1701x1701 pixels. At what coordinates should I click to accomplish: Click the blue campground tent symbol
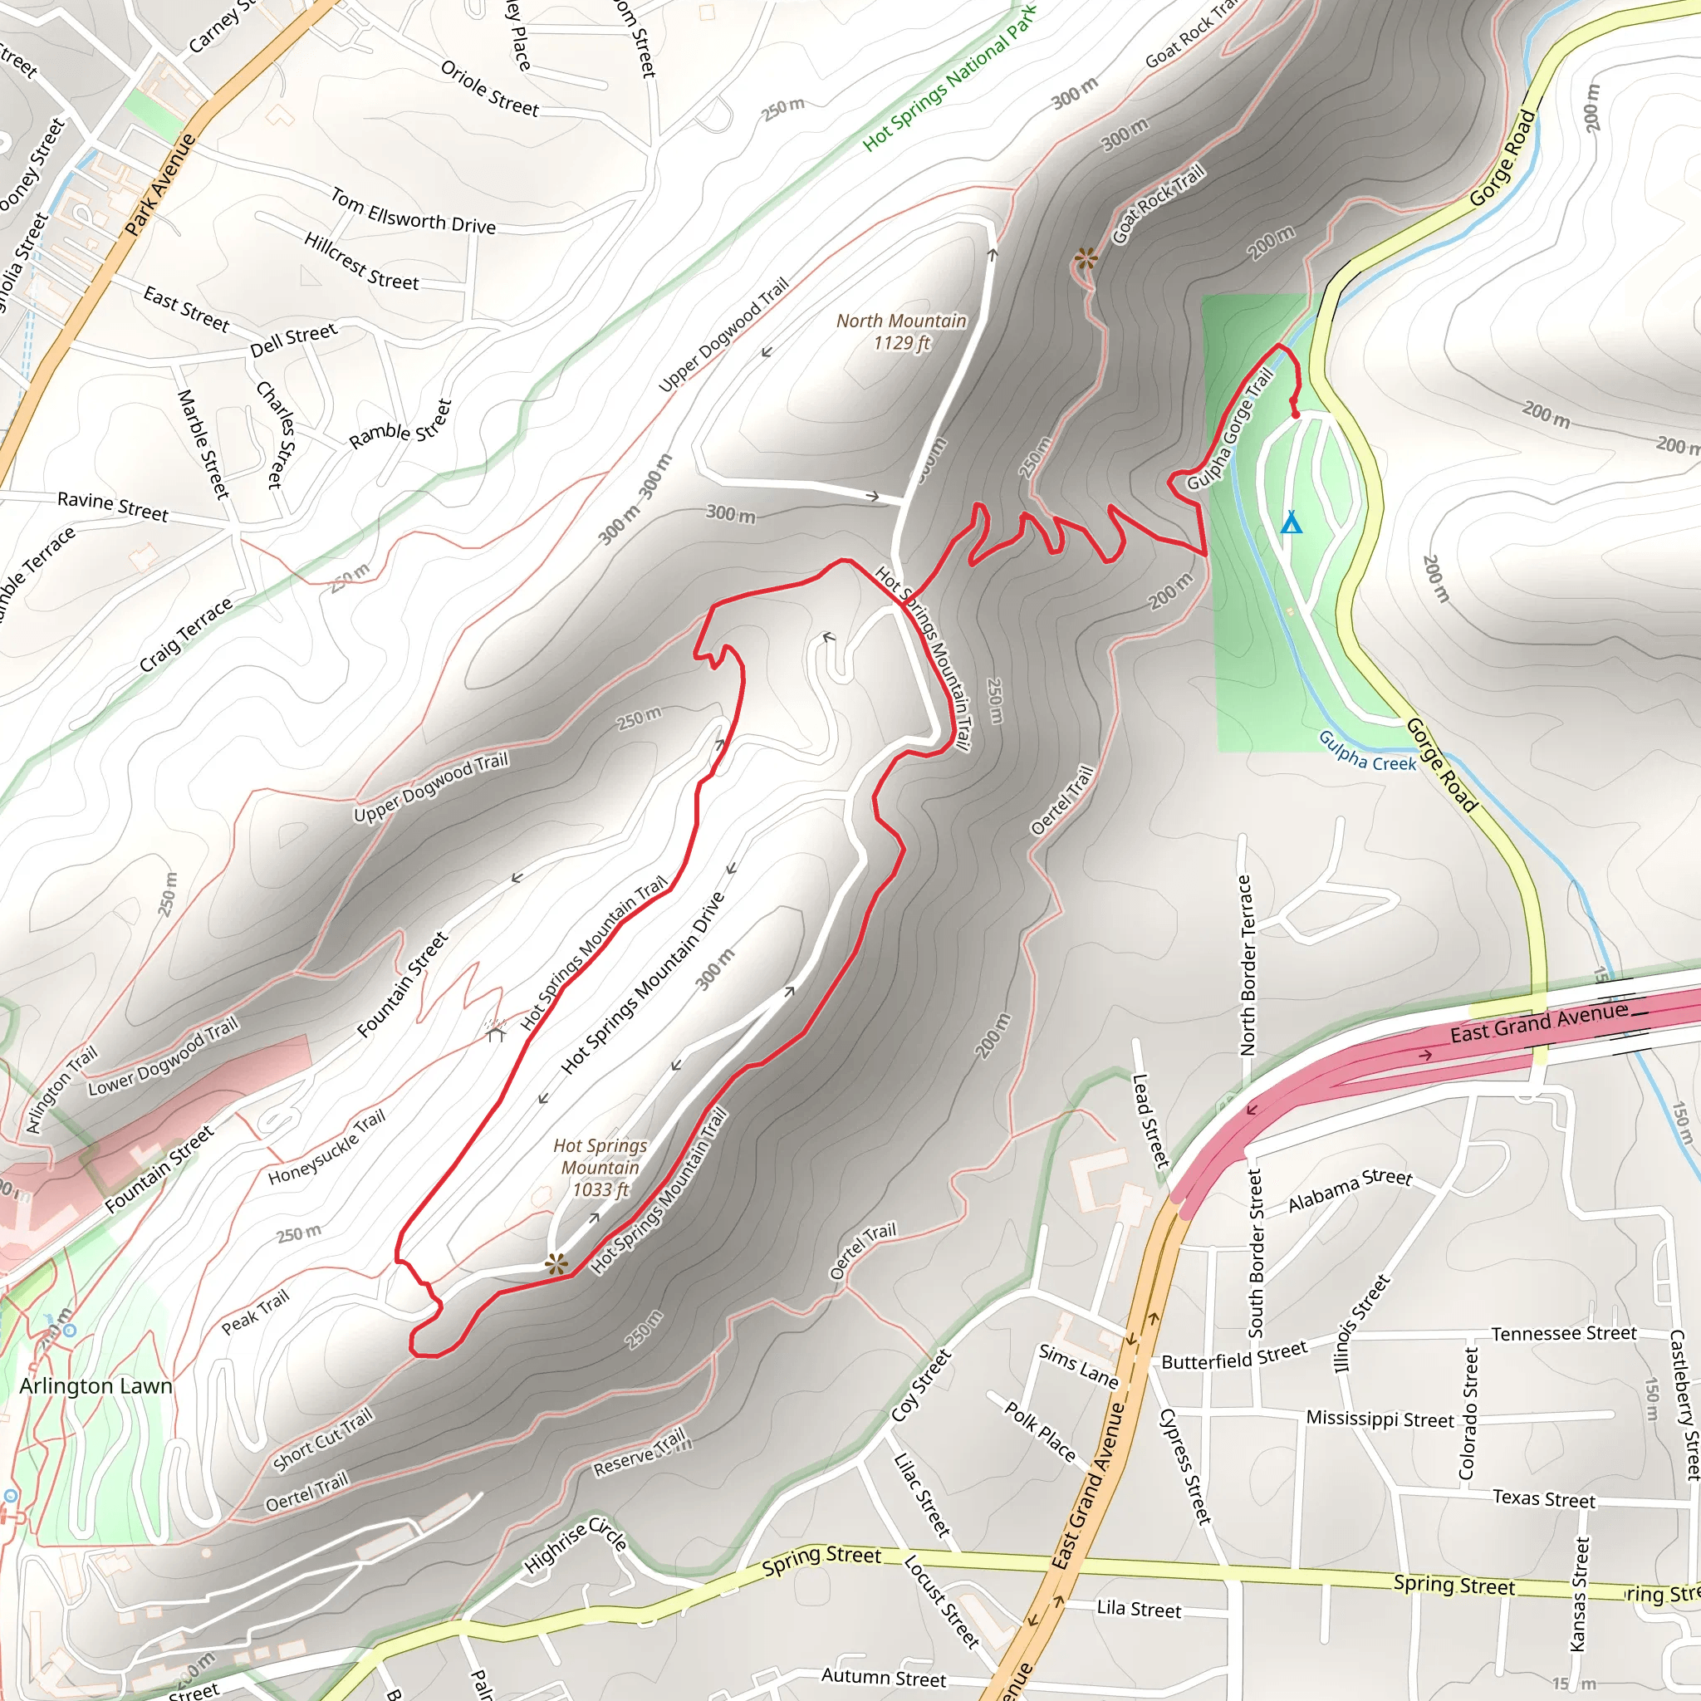coord(1291,522)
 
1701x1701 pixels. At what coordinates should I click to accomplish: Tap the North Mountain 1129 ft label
coord(901,332)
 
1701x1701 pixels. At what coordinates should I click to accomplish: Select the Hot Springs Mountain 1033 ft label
coord(600,1168)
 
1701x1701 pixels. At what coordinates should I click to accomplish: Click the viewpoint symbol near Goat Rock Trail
coord(1086,259)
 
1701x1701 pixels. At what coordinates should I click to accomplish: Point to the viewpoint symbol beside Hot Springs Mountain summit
coord(556,1265)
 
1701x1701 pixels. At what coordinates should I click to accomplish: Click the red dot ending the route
coord(1295,414)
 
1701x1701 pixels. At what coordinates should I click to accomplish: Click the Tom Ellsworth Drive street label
coord(413,211)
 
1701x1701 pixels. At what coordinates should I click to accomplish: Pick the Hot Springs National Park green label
coord(949,76)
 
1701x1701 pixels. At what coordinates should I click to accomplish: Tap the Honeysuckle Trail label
coord(326,1147)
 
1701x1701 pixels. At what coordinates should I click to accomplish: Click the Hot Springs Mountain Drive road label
coord(643,983)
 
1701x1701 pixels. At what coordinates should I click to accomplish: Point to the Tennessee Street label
coord(1564,1334)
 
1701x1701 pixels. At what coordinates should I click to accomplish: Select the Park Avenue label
coord(159,184)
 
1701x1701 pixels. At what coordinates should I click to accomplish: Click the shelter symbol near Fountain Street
coord(495,1030)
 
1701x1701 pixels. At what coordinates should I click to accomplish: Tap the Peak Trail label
coord(255,1313)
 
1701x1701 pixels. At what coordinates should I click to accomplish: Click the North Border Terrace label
coord(1248,965)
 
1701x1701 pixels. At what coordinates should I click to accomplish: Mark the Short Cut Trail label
coord(323,1439)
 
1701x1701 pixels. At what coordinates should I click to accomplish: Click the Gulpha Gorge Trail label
coord(1230,431)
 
